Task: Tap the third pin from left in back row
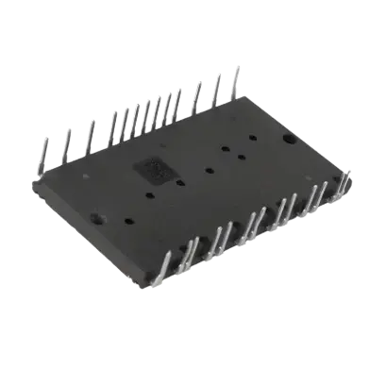click(91, 129)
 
